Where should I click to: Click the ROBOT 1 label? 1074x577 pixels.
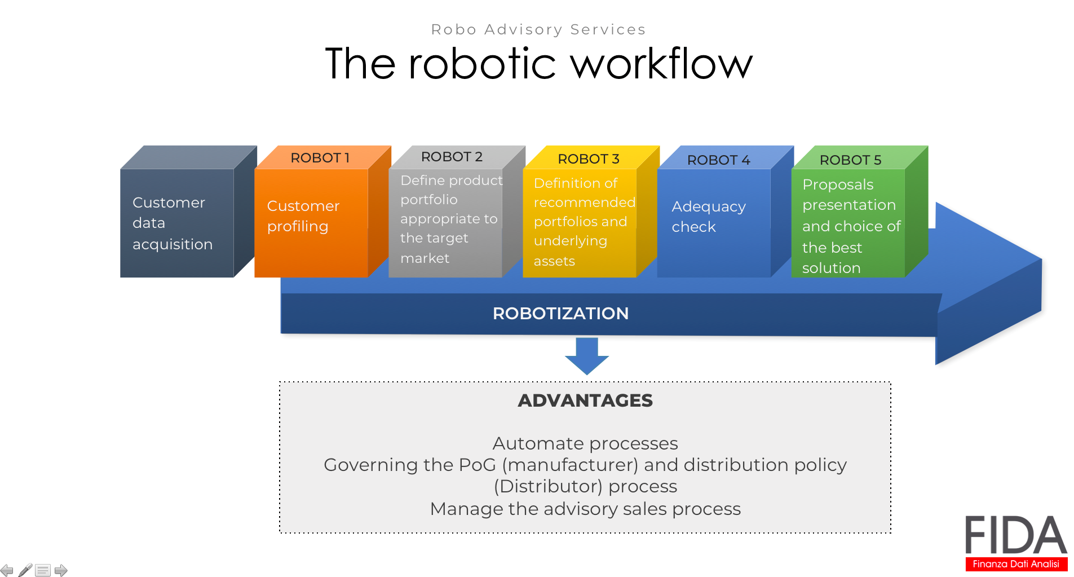320,158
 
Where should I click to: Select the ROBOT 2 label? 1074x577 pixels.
452,157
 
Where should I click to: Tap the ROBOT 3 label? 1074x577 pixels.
589,159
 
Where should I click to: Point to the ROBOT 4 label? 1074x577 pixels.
718,160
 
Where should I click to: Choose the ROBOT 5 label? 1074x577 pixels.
850,160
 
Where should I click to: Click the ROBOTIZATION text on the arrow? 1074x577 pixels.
560,314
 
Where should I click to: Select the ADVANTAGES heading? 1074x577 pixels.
585,400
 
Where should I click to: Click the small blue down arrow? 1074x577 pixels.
587,356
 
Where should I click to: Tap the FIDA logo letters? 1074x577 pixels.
1016,535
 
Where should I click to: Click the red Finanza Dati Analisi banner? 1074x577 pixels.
1016,564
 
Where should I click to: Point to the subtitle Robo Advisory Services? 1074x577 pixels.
538,29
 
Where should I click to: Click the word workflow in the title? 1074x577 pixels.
662,63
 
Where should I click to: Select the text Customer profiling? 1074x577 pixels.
303,216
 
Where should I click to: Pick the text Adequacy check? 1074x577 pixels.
709,217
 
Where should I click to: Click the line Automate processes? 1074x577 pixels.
585,444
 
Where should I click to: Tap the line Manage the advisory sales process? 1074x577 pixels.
585,509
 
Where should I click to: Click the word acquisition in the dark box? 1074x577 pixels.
173,245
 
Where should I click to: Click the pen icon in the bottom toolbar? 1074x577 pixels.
25,570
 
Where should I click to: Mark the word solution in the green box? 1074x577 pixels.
831,268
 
